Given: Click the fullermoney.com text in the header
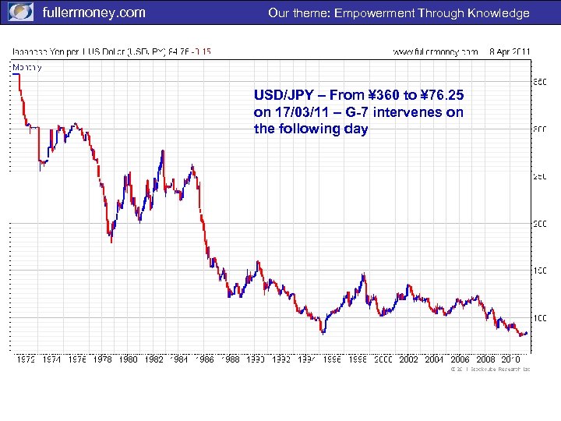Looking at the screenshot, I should click(x=93, y=12).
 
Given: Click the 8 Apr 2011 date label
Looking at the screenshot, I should click(x=510, y=51).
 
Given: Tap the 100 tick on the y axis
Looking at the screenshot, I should click(x=538, y=318).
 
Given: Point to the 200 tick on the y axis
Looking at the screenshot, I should click(x=538, y=224).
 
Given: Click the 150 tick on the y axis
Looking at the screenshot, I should click(x=538, y=271).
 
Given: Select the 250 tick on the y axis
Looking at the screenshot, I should click(x=538, y=177).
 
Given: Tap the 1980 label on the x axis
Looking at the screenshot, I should click(x=129, y=359).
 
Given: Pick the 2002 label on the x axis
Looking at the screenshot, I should click(x=408, y=359).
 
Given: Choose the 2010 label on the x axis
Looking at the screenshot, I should click(x=510, y=359).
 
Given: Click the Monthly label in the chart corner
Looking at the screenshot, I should click(x=27, y=67).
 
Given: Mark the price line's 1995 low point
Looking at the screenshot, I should click(x=323, y=333).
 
